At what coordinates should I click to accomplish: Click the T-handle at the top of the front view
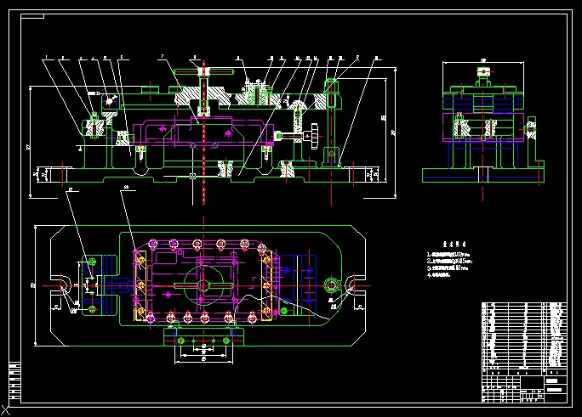click(203, 71)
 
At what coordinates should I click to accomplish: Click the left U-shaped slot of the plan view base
click(64, 285)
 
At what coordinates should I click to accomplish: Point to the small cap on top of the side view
click(484, 79)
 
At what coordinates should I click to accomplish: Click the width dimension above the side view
click(483, 60)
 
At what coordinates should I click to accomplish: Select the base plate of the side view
click(483, 174)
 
